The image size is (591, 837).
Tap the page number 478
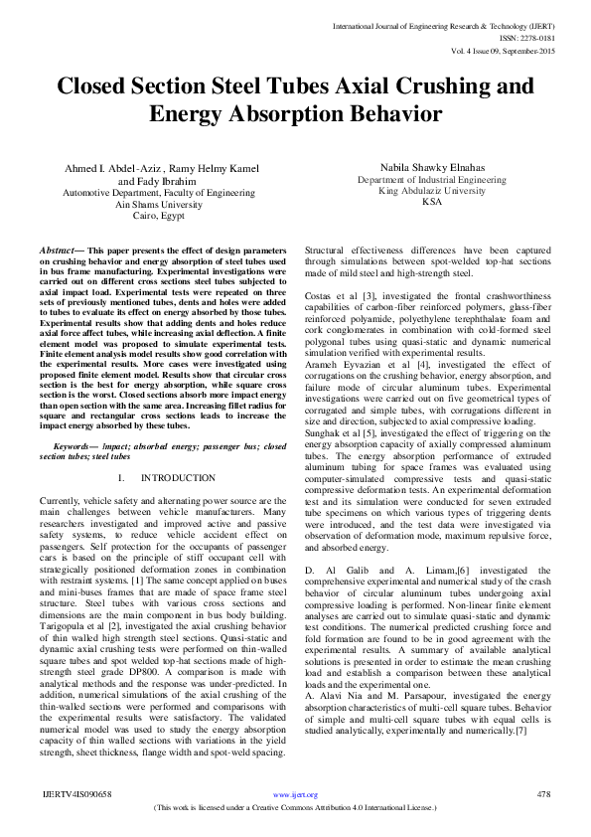[543, 795]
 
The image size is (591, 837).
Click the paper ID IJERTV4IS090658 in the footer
[75, 795]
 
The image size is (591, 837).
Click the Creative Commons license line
[296, 809]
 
